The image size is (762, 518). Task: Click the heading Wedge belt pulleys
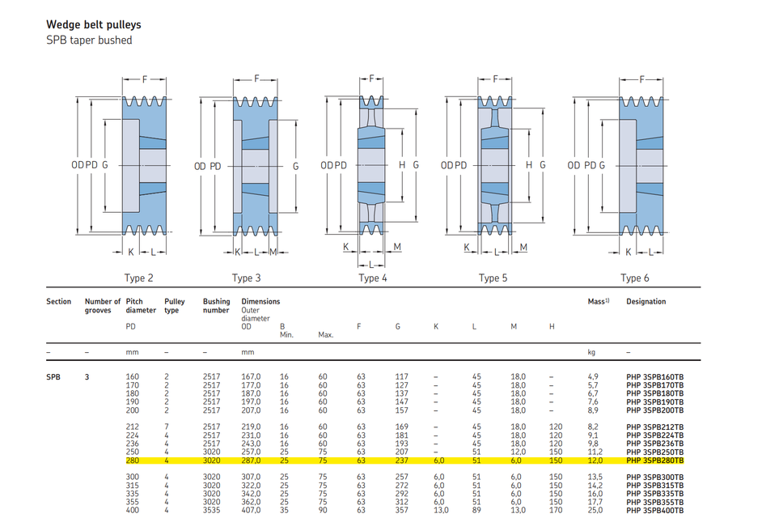[93, 25]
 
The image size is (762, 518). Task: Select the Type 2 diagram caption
[139, 278]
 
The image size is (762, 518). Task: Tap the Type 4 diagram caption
[373, 278]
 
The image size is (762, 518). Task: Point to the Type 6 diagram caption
[635, 278]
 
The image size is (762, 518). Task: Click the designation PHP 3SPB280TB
[655, 461]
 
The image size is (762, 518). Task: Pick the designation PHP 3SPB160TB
[655, 377]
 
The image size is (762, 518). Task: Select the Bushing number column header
[216, 305]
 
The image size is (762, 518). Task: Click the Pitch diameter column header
[141, 305]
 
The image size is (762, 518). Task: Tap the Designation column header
[646, 302]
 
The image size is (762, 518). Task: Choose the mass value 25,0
[595, 510]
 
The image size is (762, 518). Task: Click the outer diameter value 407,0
[252, 510]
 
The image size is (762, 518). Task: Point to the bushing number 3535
[211, 510]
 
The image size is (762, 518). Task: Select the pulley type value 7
[167, 427]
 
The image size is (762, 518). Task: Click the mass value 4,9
[592, 377]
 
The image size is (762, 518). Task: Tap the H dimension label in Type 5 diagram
[530, 165]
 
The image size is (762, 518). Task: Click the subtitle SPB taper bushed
[89, 40]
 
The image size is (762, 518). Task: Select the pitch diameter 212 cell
[133, 427]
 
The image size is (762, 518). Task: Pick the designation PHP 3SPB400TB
[655, 510]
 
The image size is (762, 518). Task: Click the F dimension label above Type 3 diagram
[256, 79]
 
